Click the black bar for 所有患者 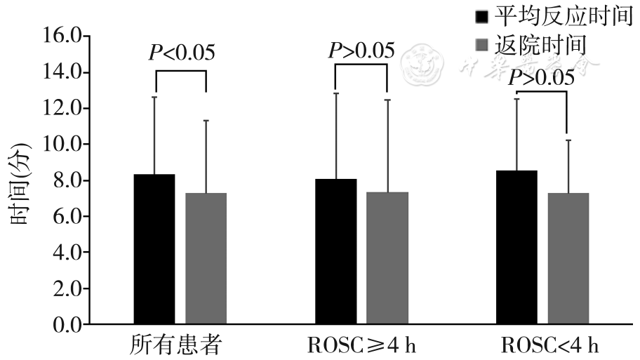[x=154, y=249]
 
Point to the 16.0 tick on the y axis [x=61, y=36]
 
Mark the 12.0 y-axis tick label [x=61, y=109]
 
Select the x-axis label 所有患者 [x=176, y=345]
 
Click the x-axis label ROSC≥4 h [x=362, y=345]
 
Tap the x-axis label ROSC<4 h [x=550, y=345]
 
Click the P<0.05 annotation [x=181, y=53]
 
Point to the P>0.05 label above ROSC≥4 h [x=361, y=51]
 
